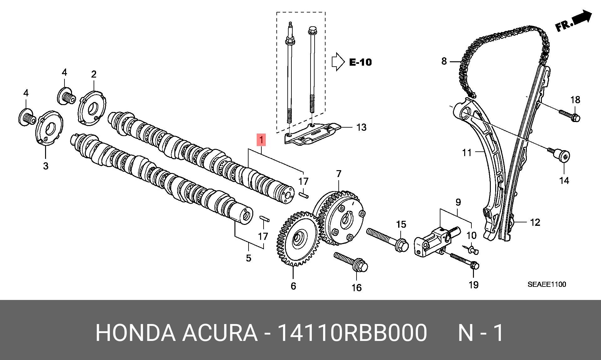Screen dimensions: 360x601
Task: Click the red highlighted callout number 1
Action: pyautogui.click(x=261, y=140)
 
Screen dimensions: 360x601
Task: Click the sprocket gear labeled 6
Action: pyautogui.click(x=297, y=239)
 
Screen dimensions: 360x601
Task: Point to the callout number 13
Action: pyautogui.click(x=361, y=127)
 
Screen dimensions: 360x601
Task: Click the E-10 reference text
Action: pyautogui.click(x=360, y=62)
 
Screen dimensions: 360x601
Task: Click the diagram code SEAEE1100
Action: pyautogui.click(x=547, y=284)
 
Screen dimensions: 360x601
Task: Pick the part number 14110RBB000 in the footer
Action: pyautogui.click(x=352, y=333)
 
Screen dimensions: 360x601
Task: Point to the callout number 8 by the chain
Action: pyautogui.click(x=444, y=61)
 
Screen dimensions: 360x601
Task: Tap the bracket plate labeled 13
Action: pyautogui.click(x=313, y=134)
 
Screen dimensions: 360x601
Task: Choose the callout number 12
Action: pyautogui.click(x=535, y=222)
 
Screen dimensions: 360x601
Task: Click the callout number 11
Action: pyautogui.click(x=467, y=153)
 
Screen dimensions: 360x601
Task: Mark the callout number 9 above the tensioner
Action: pyautogui.click(x=458, y=202)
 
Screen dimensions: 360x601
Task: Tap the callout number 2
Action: pyautogui.click(x=94, y=74)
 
